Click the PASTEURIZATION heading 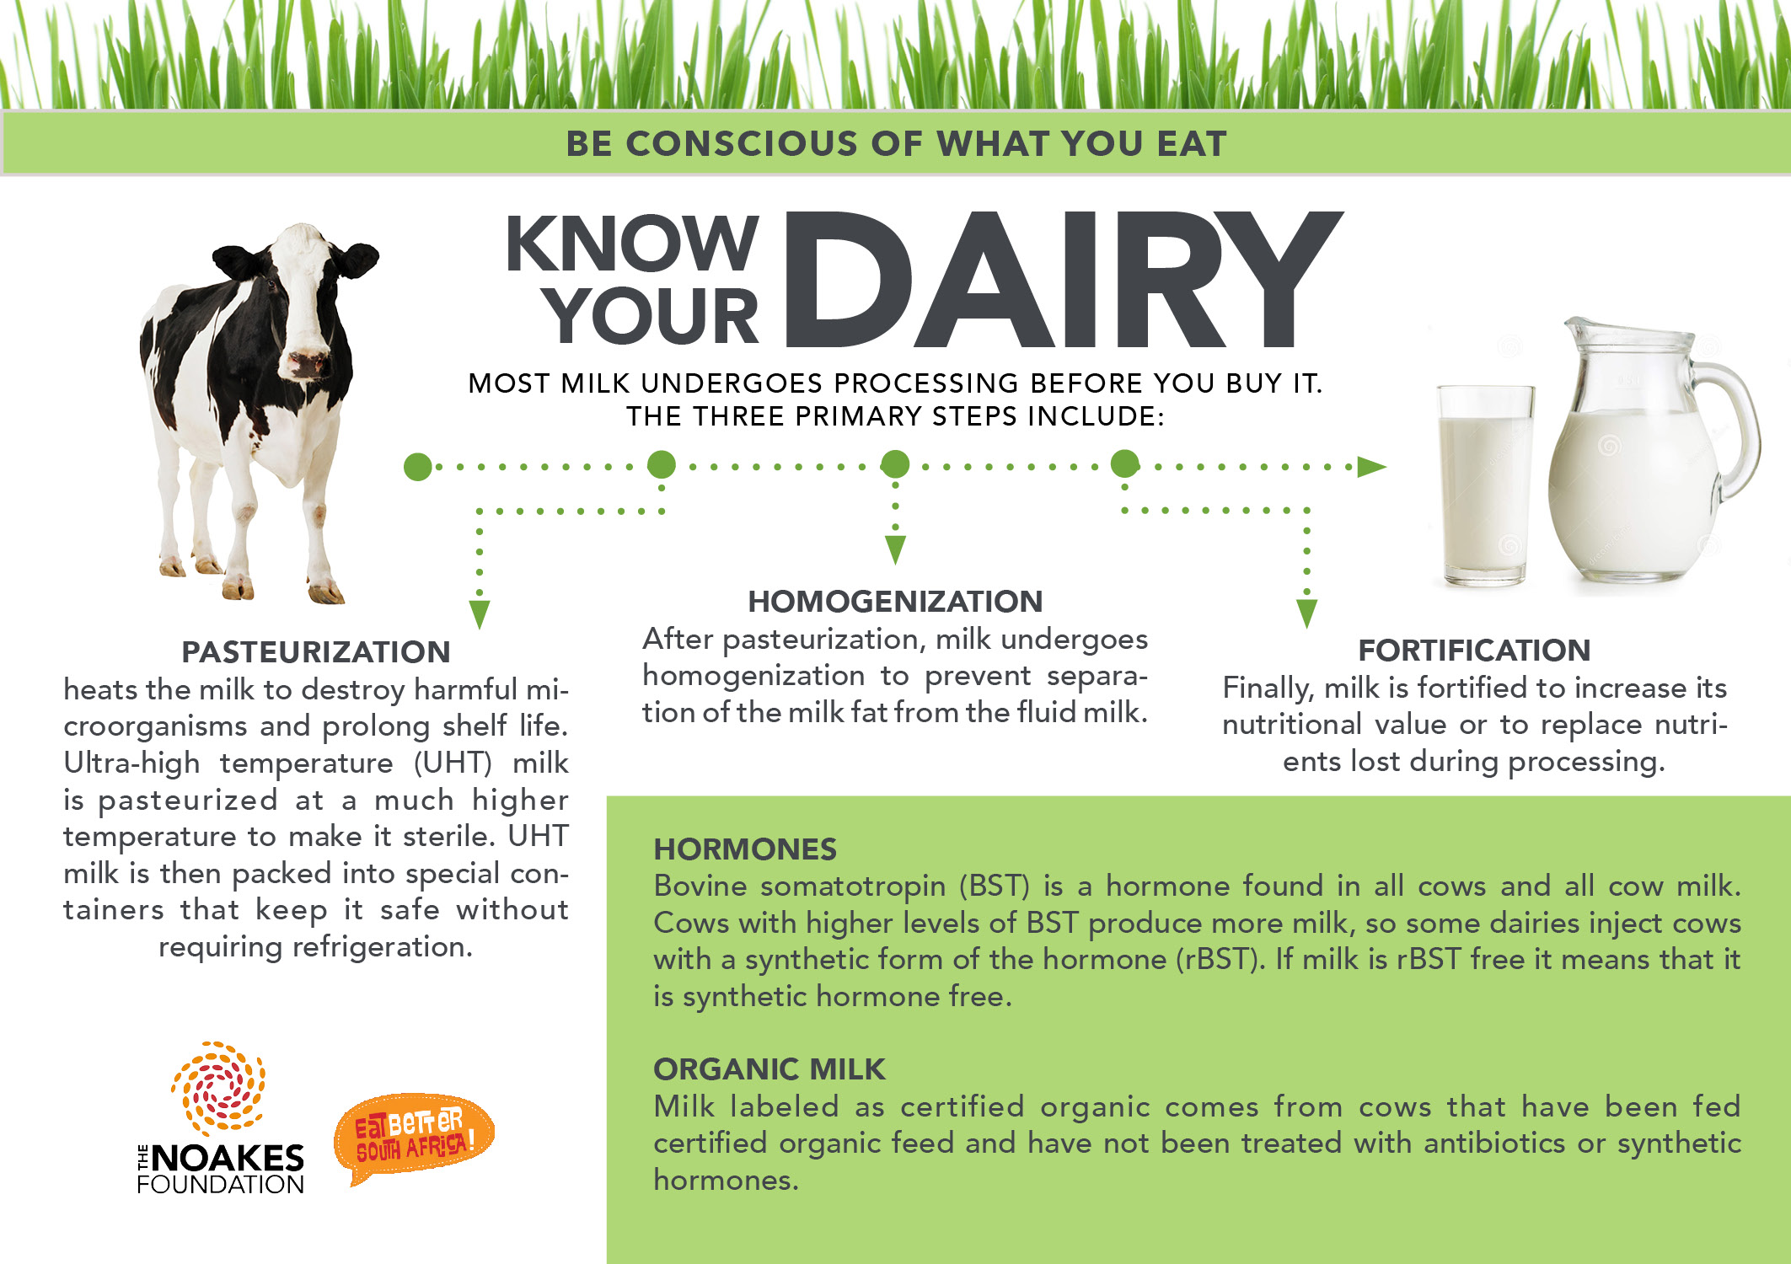click(316, 652)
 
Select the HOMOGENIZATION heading click(895, 602)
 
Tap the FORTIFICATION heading click(1474, 651)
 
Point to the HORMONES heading click(745, 849)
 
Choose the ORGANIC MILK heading click(769, 1069)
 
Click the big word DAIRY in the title click(1064, 280)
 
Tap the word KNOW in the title click(632, 244)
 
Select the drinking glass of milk click(1486, 485)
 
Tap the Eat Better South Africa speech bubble click(413, 1138)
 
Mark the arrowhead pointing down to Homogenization click(895, 549)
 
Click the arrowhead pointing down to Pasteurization click(480, 614)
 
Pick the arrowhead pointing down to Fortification click(1306, 613)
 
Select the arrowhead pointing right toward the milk click(1371, 467)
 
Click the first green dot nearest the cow click(418, 466)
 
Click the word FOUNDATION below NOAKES click(221, 1184)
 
